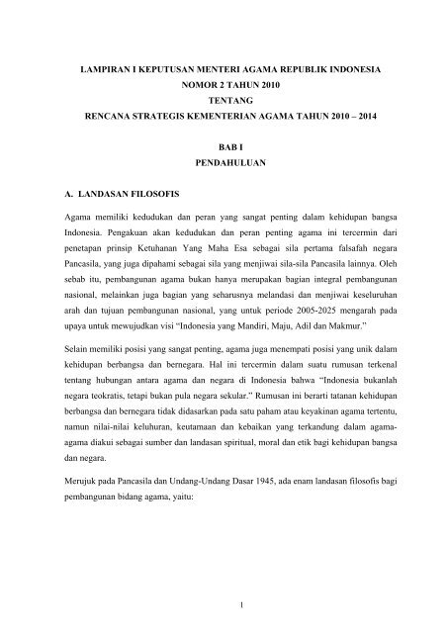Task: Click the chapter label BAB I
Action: [223, 147]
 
